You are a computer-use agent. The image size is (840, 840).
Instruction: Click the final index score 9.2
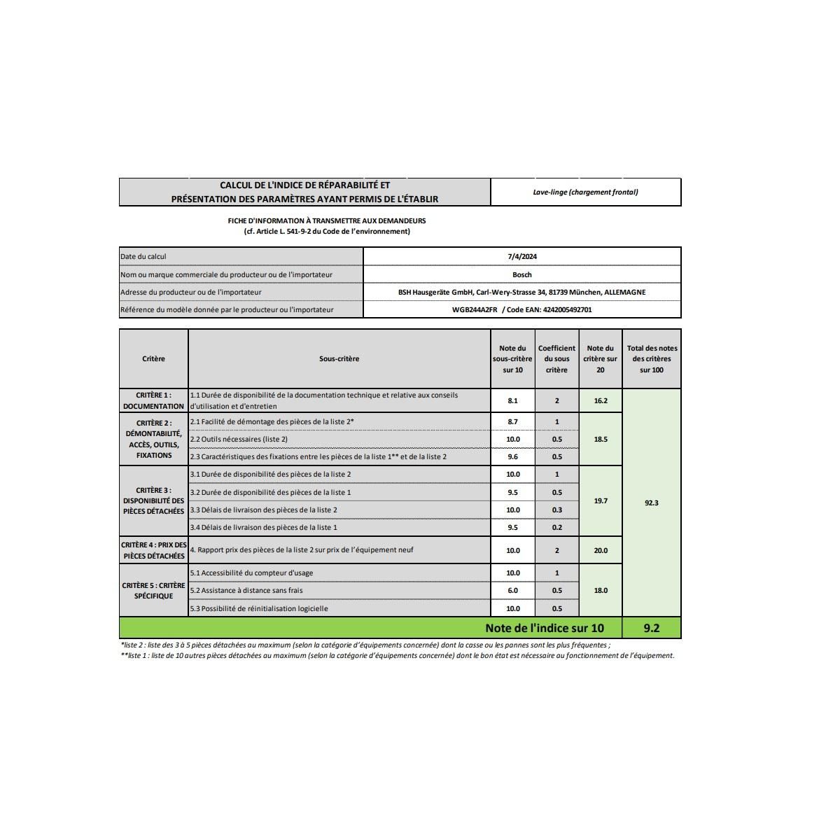pyautogui.click(x=651, y=628)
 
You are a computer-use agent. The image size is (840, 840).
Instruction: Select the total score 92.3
pyautogui.click(x=651, y=503)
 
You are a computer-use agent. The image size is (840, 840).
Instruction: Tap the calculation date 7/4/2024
pyautogui.click(x=522, y=256)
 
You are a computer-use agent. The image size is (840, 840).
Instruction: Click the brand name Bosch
pyautogui.click(x=522, y=274)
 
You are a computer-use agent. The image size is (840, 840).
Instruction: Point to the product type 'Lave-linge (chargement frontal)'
pyautogui.click(x=585, y=192)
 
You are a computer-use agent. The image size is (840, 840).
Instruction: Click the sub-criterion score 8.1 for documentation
pyautogui.click(x=512, y=401)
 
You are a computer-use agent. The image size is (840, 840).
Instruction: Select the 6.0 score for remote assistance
pyautogui.click(x=512, y=590)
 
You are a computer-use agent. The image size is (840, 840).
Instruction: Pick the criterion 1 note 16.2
pyautogui.click(x=601, y=401)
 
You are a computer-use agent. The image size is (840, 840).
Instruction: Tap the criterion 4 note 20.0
pyautogui.click(x=601, y=550)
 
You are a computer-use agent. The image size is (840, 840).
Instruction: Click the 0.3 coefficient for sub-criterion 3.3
pyautogui.click(x=556, y=510)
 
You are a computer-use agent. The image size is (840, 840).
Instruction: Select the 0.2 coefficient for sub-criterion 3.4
pyautogui.click(x=556, y=527)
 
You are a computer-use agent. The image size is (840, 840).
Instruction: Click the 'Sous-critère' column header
pyautogui.click(x=339, y=358)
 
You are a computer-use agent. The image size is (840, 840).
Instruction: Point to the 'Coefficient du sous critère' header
pyautogui.click(x=556, y=358)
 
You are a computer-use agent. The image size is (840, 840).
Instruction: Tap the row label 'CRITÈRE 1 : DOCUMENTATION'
pyautogui.click(x=153, y=400)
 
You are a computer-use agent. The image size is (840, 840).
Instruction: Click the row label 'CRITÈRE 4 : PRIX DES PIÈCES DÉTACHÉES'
pyautogui.click(x=153, y=550)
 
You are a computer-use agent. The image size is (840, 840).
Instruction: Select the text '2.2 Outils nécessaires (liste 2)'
pyautogui.click(x=239, y=439)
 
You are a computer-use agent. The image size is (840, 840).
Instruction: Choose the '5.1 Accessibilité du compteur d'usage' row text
pyautogui.click(x=251, y=573)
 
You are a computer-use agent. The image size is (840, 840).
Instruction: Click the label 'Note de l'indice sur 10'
pyautogui.click(x=544, y=628)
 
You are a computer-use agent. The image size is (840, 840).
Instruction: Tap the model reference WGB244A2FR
pyautogui.click(x=475, y=309)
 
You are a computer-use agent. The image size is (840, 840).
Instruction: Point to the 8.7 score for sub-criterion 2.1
pyautogui.click(x=512, y=421)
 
